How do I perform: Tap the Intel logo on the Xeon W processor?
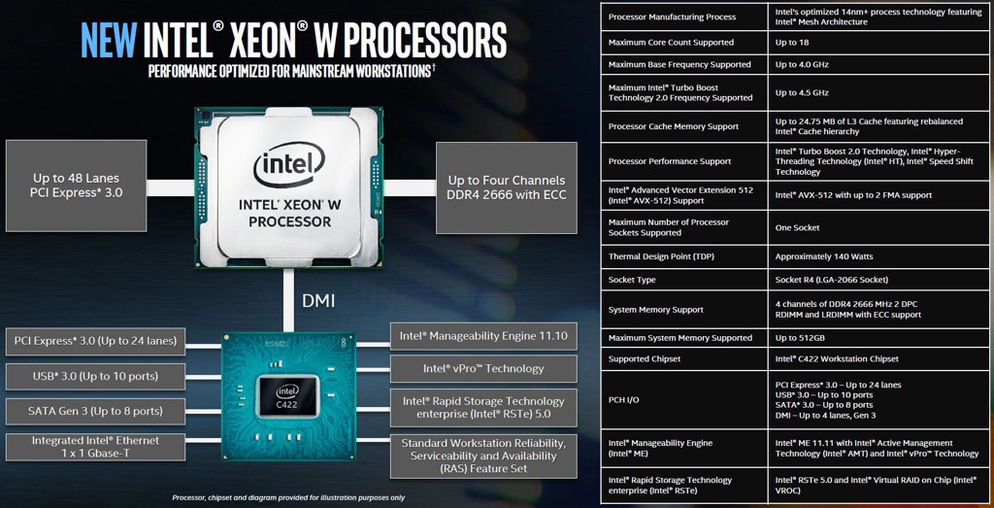[288, 167]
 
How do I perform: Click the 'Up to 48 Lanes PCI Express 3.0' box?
[77, 186]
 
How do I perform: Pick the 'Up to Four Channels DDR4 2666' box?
[506, 187]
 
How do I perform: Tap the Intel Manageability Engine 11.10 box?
[482, 337]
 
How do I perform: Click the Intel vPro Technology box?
[482, 369]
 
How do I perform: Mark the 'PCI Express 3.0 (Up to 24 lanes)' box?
[95, 342]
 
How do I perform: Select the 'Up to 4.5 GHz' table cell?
[802, 93]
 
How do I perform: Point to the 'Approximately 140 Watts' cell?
[824, 257]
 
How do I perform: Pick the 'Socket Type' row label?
[632, 280]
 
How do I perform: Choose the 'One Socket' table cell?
[798, 228]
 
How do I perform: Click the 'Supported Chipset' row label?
[645, 359]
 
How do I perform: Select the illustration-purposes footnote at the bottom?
[288, 497]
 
